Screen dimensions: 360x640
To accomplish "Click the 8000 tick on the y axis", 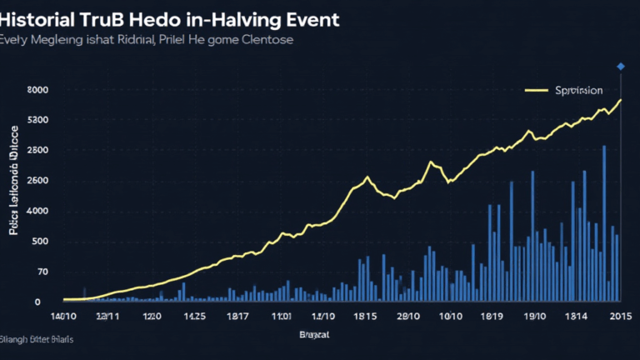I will (x=37, y=89).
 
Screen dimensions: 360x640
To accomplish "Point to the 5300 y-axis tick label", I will (x=37, y=120).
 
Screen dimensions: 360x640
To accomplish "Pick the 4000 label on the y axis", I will (x=37, y=211).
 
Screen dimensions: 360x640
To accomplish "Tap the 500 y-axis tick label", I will (x=39, y=242).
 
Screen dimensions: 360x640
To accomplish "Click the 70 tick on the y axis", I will (x=42, y=272).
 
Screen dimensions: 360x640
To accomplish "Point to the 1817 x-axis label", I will (x=237, y=317).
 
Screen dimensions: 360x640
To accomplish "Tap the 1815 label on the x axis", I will (x=365, y=317).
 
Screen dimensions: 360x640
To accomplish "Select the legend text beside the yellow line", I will (x=578, y=89).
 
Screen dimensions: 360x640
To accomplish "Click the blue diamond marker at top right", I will (x=620, y=66).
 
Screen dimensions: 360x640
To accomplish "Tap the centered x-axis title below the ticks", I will (x=313, y=335).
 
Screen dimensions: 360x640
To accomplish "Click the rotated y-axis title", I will (x=14, y=180).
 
